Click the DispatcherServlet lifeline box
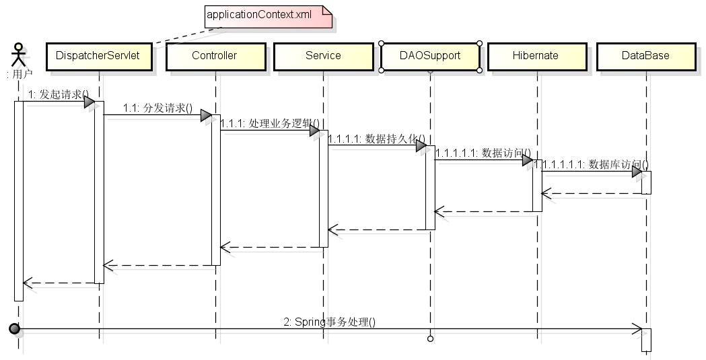pyautogui.click(x=98, y=56)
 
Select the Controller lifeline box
pyautogui.click(x=215, y=56)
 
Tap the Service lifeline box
pyautogui.click(x=323, y=56)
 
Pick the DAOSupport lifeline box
pyautogui.click(x=430, y=56)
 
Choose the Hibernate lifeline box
pyautogui.click(x=535, y=56)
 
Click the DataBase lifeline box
pyautogui.click(x=645, y=56)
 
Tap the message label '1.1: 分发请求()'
pyautogui.click(x=157, y=108)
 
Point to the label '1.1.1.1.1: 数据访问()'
pyautogui.click(x=483, y=153)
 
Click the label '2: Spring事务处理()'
pyautogui.click(x=329, y=322)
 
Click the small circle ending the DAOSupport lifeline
pyautogui.click(x=430, y=338)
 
